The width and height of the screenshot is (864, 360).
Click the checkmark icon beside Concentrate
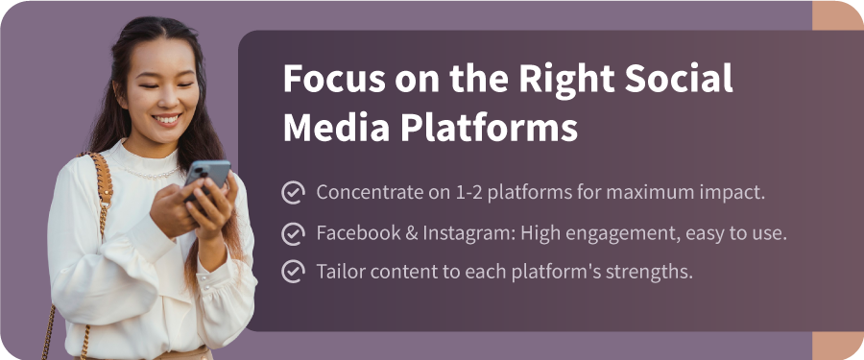(x=293, y=192)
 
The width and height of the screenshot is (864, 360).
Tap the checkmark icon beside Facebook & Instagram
(x=293, y=232)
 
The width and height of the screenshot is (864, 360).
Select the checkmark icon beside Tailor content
(x=293, y=272)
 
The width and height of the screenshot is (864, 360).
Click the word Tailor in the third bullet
(x=339, y=272)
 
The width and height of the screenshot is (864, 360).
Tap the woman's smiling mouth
(x=168, y=120)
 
